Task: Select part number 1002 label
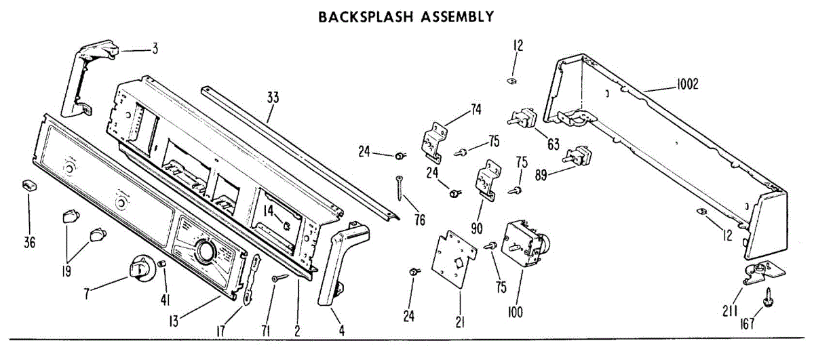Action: pos(687,85)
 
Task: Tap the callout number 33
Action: pos(273,98)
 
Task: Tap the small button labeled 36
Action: pos(29,185)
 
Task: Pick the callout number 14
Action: pos(269,211)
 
